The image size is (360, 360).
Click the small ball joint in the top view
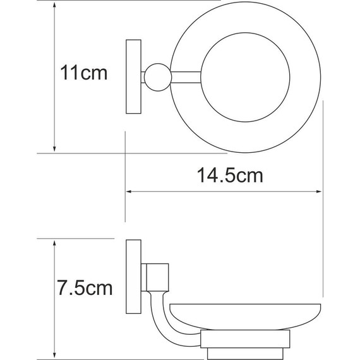(155, 77)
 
